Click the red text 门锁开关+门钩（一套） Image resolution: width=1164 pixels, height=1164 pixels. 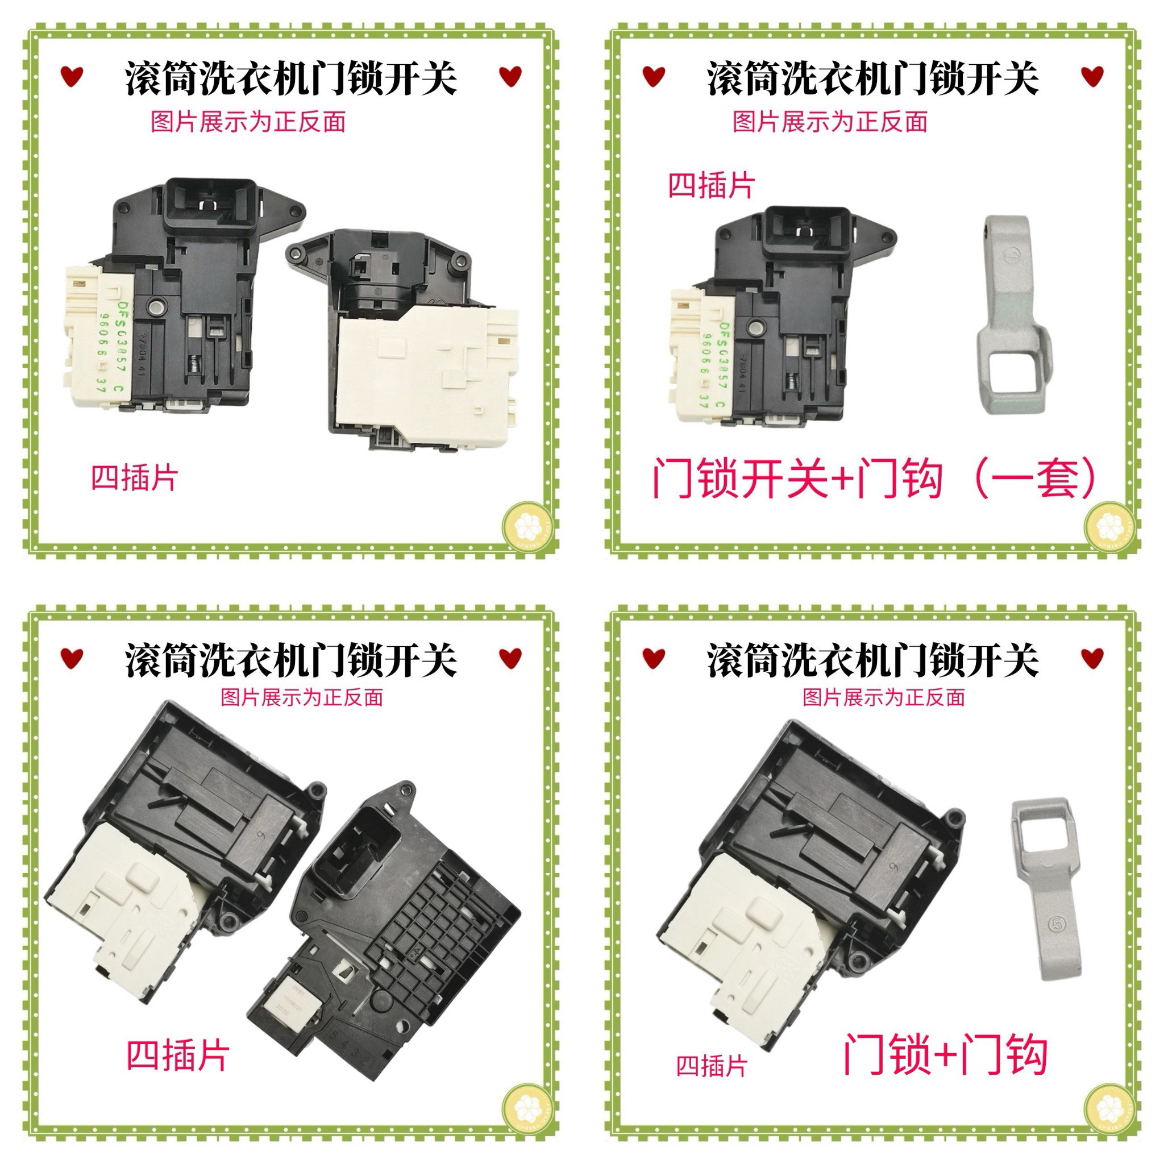[x=874, y=480]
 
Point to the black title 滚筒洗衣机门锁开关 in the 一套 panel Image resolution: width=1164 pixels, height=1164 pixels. [x=872, y=78]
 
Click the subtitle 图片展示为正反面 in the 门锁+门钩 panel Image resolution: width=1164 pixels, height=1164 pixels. [x=884, y=698]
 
